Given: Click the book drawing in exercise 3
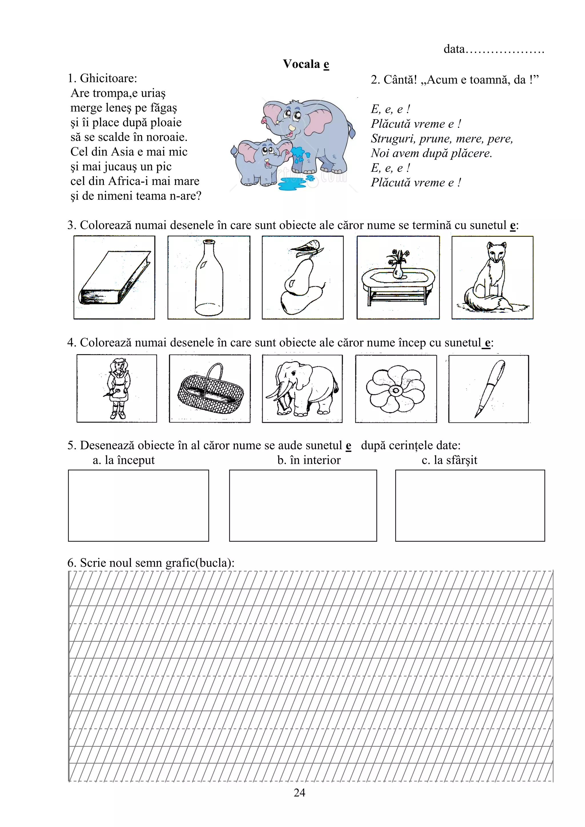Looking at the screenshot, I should [x=115, y=278].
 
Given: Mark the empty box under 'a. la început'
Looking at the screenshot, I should [x=139, y=505].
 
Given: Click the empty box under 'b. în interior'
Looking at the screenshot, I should [x=303, y=505].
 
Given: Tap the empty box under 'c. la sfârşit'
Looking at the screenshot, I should [x=470, y=505].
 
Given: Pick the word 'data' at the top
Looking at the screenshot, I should [x=454, y=49].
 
